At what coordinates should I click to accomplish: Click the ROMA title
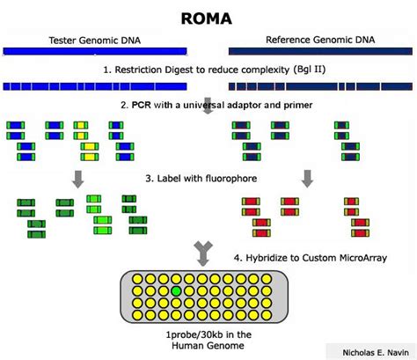tap(208, 18)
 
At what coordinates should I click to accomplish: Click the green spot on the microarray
tap(177, 290)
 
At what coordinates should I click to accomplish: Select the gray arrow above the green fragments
tap(78, 179)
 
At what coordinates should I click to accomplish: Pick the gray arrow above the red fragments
tap(307, 179)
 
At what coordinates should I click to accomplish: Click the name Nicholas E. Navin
tap(368, 351)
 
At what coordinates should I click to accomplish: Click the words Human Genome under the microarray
tap(208, 347)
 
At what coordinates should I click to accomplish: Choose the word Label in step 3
tap(172, 179)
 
